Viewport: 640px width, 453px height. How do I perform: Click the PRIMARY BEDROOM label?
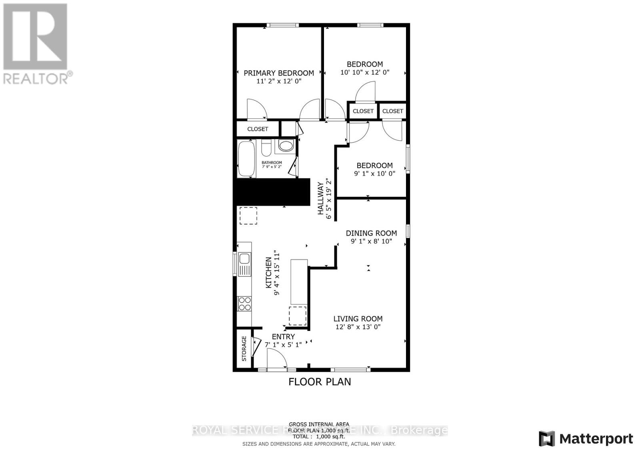click(x=279, y=73)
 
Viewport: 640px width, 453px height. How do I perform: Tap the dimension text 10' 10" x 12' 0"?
click(x=364, y=72)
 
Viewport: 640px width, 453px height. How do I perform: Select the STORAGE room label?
click(x=244, y=349)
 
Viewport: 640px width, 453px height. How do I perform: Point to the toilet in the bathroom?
click(x=266, y=148)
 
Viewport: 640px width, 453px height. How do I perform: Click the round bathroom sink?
click(x=286, y=146)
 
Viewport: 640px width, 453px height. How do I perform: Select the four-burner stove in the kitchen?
click(x=244, y=304)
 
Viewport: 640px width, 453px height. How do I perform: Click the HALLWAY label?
click(x=321, y=199)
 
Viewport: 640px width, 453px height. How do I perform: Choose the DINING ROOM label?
click(x=371, y=233)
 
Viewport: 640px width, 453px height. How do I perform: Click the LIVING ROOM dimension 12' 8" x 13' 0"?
click(x=358, y=327)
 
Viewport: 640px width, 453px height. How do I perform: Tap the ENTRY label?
click(x=283, y=337)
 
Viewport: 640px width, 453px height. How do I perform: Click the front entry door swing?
click(x=276, y=358)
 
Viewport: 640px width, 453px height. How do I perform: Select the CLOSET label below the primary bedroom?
click(x=258, y=129)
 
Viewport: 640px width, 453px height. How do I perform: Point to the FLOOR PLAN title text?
click(x=320, y=382)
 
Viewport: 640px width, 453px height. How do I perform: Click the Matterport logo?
click(x=586, y=439)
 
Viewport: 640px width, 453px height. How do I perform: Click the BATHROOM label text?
click(x=272, y=162)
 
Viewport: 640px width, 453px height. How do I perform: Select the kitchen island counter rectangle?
click(x=299, y=282)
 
